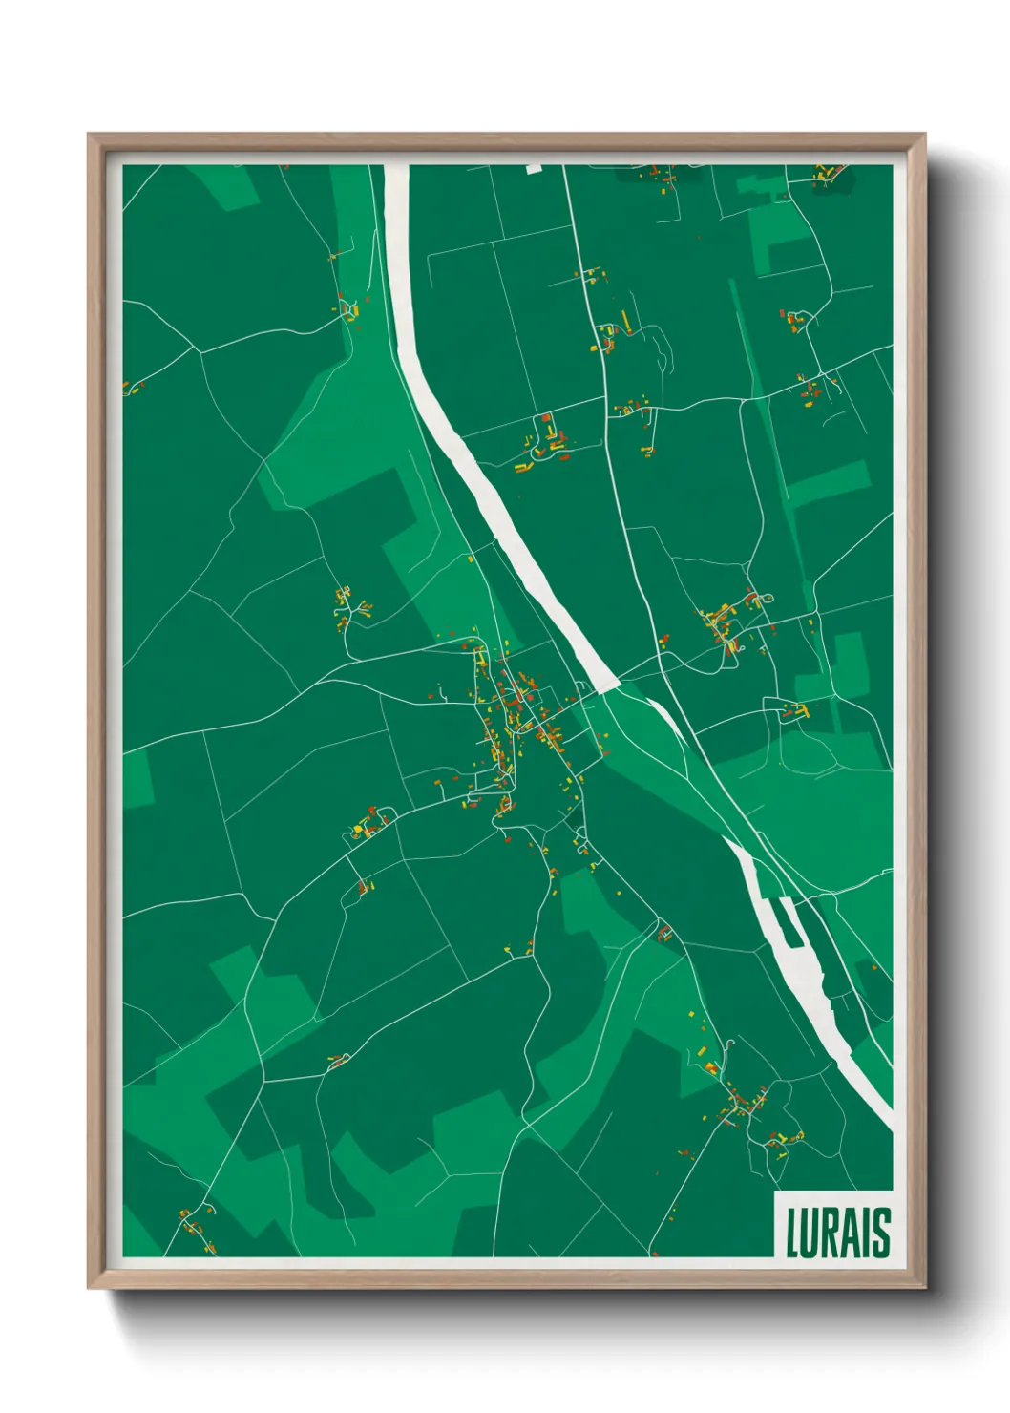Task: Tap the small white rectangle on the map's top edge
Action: pos(534,169)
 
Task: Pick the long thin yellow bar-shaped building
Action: pos(625,319)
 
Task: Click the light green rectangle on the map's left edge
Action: pos(137,777)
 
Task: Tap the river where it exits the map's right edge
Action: pos(883,1112)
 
